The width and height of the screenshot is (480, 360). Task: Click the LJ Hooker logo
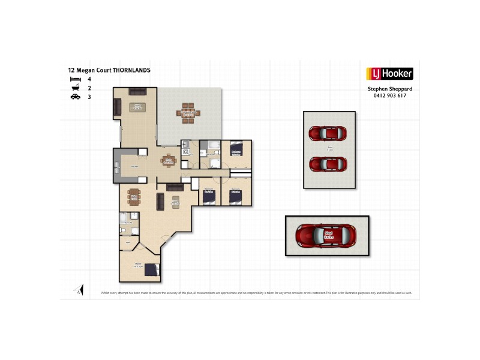(x=389, y=74)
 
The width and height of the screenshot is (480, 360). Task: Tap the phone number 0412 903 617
(x=390, y=95)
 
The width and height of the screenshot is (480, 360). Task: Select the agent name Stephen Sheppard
(x=390, y=89)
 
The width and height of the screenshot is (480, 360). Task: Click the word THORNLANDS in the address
(x=131, y=70)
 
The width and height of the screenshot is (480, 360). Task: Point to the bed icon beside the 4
(x=75, y=79)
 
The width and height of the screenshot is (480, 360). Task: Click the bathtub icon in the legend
(x=75, y=88)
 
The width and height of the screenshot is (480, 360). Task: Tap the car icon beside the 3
(x=75, y=96)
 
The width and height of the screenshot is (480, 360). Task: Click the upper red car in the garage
(x=329, y=133)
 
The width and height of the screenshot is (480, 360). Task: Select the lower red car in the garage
(x=329, y=163)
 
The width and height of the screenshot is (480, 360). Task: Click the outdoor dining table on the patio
(x=188, y=112)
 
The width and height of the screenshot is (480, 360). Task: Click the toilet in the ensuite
(x=122, y=229)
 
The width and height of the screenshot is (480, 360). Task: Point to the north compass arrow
(x=77, y=290)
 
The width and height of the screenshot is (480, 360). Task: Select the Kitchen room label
(x=134, y=166)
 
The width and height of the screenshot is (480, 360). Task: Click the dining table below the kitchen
(x=134, y=197)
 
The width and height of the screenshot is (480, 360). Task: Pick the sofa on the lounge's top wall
(x=137, y=91)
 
